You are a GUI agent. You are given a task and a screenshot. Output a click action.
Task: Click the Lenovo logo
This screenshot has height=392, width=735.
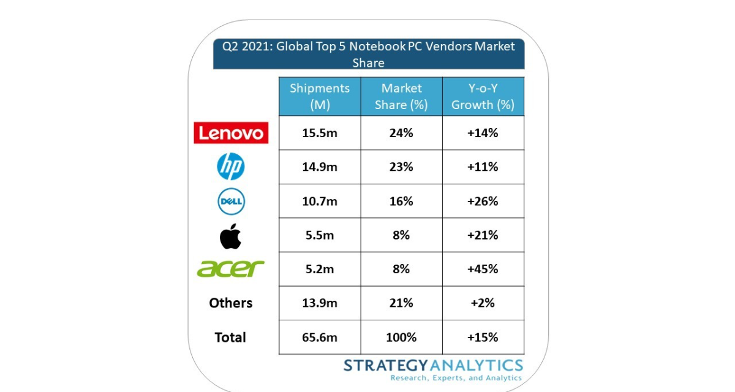coord(231,133)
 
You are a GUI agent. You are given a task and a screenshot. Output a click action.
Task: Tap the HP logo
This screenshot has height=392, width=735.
coord(231,167)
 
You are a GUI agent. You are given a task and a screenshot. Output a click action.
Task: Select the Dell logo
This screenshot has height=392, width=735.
coord(231,202)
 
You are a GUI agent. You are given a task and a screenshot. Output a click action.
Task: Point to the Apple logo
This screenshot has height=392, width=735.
coord(230,236)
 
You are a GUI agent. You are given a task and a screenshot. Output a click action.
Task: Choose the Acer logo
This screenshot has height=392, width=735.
coord(231,268)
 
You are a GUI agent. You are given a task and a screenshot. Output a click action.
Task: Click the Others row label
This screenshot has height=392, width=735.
coord(230,303)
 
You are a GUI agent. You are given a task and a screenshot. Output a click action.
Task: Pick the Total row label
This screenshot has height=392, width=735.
coord(230,337)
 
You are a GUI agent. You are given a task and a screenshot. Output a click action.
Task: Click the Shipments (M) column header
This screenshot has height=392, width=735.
coord(320,96)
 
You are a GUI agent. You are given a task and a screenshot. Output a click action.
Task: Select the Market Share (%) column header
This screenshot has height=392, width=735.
coord(401,96)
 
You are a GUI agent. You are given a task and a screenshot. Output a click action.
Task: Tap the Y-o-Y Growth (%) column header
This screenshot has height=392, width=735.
coord(483,96)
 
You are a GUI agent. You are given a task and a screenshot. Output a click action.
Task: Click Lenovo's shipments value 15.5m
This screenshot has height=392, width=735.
coord(319,133)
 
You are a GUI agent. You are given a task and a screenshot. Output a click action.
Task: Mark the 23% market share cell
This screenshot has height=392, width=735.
coord(401,167)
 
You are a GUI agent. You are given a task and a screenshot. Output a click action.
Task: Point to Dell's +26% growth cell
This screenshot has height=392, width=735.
coord(483,202)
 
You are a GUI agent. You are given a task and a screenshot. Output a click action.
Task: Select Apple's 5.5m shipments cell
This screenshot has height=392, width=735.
coord(319,236)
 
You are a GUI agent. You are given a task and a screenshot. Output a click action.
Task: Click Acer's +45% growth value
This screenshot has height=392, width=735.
coord(483,269)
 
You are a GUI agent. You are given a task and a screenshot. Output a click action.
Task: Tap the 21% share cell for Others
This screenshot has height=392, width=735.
coord(401,303)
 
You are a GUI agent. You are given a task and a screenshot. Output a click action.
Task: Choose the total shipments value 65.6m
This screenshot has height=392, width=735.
coord(319,337)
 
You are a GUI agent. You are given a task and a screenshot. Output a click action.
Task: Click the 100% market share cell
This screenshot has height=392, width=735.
coord(401,337)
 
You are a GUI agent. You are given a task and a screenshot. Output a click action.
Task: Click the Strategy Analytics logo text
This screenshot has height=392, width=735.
coord(433,366)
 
